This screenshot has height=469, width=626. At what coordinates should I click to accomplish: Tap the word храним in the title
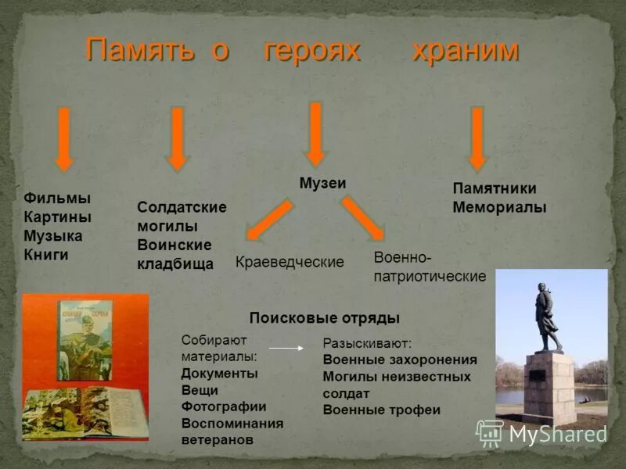click(465, 51)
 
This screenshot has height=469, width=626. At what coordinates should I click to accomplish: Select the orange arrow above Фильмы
click(64, 138)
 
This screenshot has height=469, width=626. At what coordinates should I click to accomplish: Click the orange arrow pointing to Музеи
click(315, 134)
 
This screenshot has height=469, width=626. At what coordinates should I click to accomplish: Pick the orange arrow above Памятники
click(477, 138)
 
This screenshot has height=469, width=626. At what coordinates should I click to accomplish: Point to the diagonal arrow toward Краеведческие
click(269, 220)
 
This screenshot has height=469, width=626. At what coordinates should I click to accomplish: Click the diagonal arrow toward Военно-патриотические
click(362, 218)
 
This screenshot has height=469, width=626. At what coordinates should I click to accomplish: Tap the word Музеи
click(322, 182)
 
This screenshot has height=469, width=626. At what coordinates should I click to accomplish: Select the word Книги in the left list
click(46, 255)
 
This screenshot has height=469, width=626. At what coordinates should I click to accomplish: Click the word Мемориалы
click(499, 208)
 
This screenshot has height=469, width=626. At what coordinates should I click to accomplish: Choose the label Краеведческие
click(290, 263)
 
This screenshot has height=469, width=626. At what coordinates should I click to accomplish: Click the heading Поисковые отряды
click(324, 318)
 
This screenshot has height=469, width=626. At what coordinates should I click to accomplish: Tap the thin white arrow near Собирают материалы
click(286, 348)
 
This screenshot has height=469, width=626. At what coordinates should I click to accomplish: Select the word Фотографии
click(224, 406)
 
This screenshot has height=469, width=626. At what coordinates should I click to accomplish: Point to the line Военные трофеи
click(381, 410)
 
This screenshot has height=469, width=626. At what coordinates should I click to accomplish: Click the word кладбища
click(175, 264)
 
